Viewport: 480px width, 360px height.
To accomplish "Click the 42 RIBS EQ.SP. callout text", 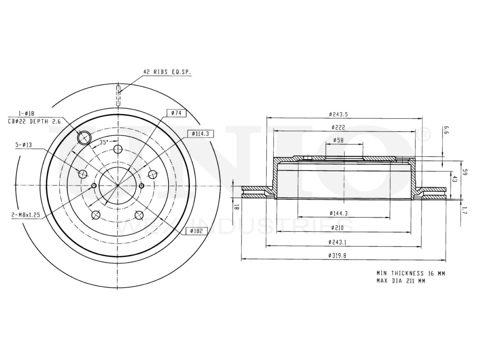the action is (x=167, y=72).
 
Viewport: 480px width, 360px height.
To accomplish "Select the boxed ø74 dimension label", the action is (x=177, y=113).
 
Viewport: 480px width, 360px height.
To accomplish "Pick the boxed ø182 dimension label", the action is (x=196, y=231).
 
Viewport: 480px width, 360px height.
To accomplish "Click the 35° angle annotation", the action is (x=104, y=142).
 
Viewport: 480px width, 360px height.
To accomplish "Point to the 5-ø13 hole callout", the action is (x=24, y=145).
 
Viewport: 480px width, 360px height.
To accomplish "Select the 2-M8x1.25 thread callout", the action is (x=26, y=215).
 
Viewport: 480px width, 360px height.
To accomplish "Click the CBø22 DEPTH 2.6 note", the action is (x=34, y=121).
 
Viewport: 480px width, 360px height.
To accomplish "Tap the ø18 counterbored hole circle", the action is (x=84, y=138).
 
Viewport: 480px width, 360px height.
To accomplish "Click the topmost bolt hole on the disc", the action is (x=118, y=149).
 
